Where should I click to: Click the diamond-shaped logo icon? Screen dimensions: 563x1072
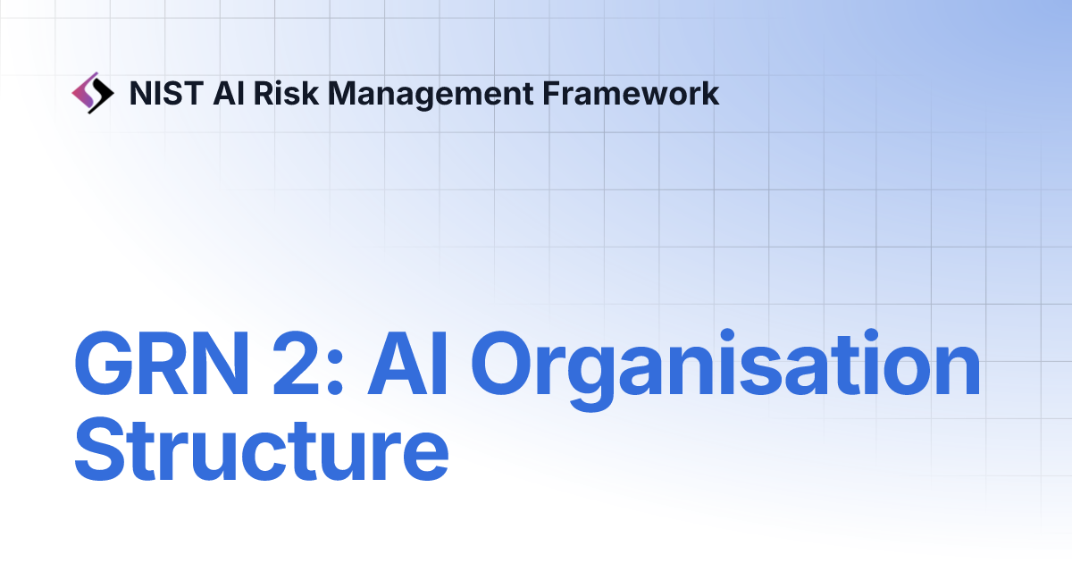92,93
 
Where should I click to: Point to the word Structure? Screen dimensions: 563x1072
261,453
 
